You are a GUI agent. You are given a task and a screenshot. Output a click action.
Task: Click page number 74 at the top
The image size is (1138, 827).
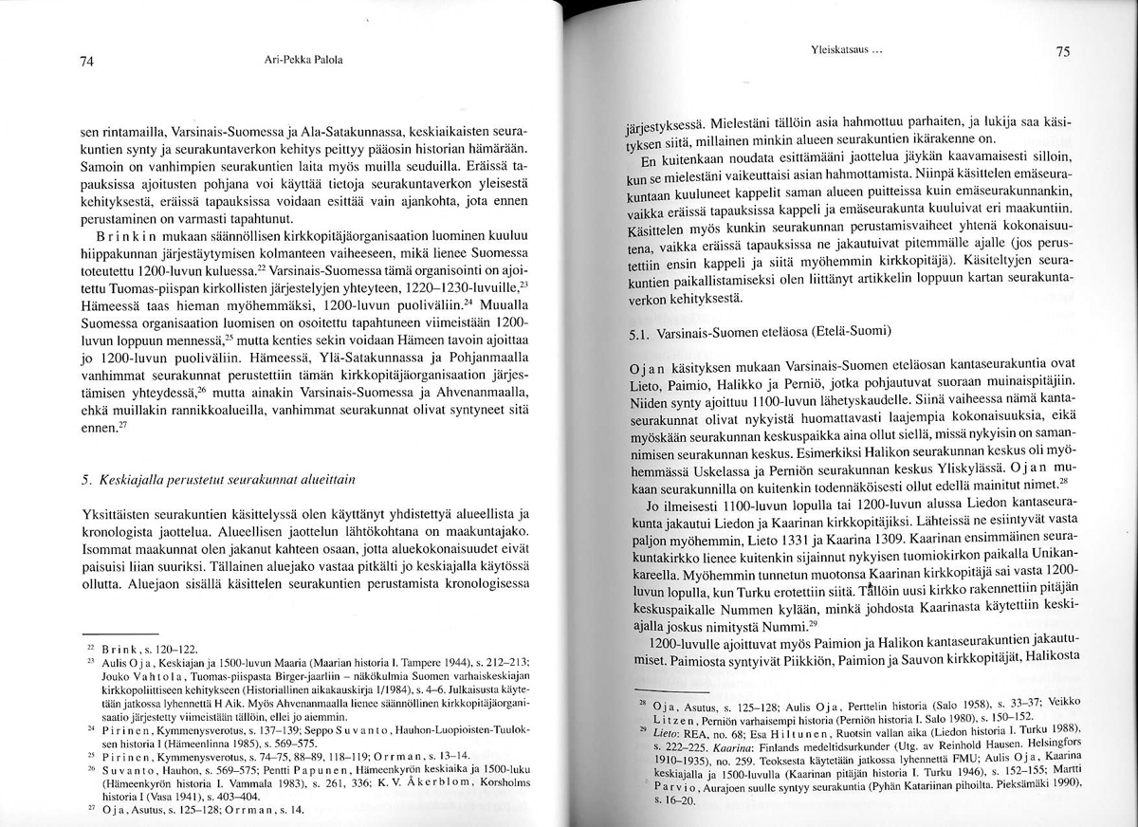(x=85, y=63)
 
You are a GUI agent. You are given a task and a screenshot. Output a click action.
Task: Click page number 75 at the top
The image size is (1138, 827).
(x=1062, y=53)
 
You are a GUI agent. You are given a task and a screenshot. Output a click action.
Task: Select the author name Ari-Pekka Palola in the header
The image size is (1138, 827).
(x=303, y=60)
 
